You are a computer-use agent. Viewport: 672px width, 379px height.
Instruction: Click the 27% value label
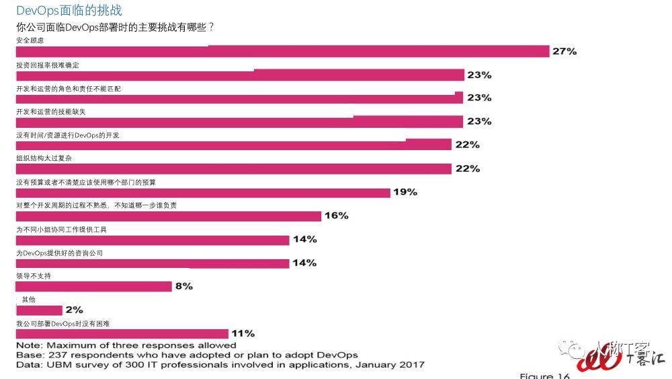(564, 51)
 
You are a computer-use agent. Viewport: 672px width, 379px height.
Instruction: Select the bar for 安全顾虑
(282, 52)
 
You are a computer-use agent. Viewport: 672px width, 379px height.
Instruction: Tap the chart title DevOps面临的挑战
(69, 11)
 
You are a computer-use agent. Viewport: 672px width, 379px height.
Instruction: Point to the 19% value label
(405, 192)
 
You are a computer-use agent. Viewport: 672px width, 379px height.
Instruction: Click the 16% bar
(168, 216)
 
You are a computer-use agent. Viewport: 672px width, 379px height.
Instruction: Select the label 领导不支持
(34, 276)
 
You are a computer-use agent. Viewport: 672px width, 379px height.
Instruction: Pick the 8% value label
(184, 286)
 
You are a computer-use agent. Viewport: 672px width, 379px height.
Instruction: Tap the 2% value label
(75, 310)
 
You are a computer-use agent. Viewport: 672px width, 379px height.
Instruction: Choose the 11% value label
(243, 333)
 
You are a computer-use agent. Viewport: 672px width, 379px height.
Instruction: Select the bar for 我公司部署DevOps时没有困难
(122, 333)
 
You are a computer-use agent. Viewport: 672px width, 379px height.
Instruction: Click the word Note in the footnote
(28, 345)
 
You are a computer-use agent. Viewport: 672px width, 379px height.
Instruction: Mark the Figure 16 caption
(546, 375)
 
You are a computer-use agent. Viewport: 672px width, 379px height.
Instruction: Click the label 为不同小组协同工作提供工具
(61, 230)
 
